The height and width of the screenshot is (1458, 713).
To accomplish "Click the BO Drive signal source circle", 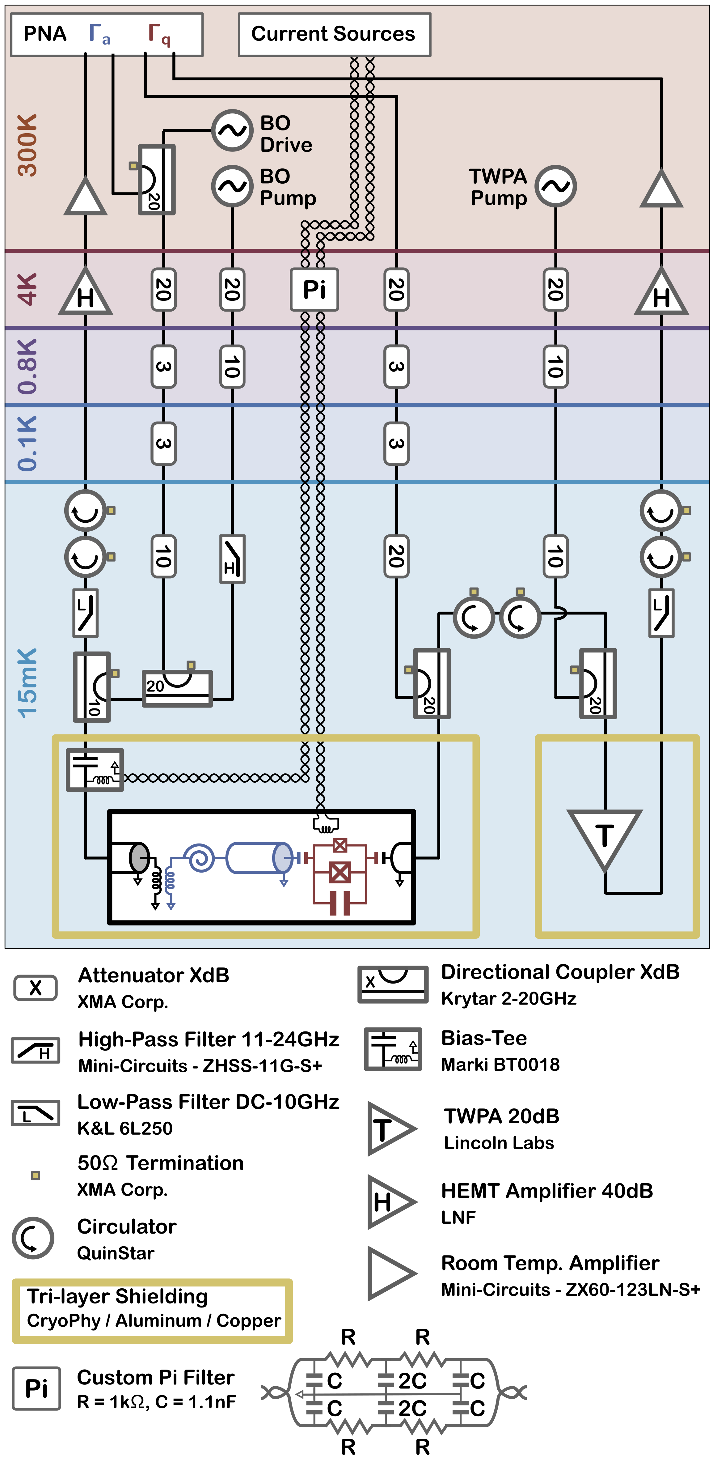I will tap(231, 130).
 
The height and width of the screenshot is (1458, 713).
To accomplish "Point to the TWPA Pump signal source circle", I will tap(556, 186).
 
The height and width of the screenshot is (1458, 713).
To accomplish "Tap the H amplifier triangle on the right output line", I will tap(661, 293).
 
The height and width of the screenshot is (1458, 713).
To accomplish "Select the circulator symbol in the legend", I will tap(33, 1238).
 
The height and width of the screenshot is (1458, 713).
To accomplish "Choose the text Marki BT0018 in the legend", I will tap(500, 1065).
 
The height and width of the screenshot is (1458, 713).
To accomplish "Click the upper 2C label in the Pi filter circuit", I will tap(412, 1380).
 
